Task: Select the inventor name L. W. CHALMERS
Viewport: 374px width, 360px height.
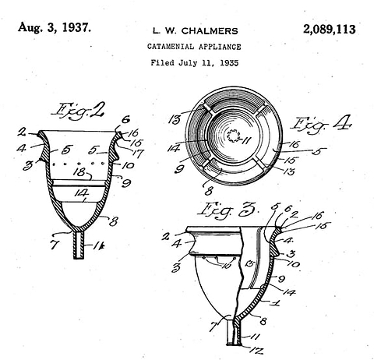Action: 193,31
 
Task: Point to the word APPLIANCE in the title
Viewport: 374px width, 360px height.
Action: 221,47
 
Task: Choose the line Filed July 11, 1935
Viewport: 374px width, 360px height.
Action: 194,62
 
